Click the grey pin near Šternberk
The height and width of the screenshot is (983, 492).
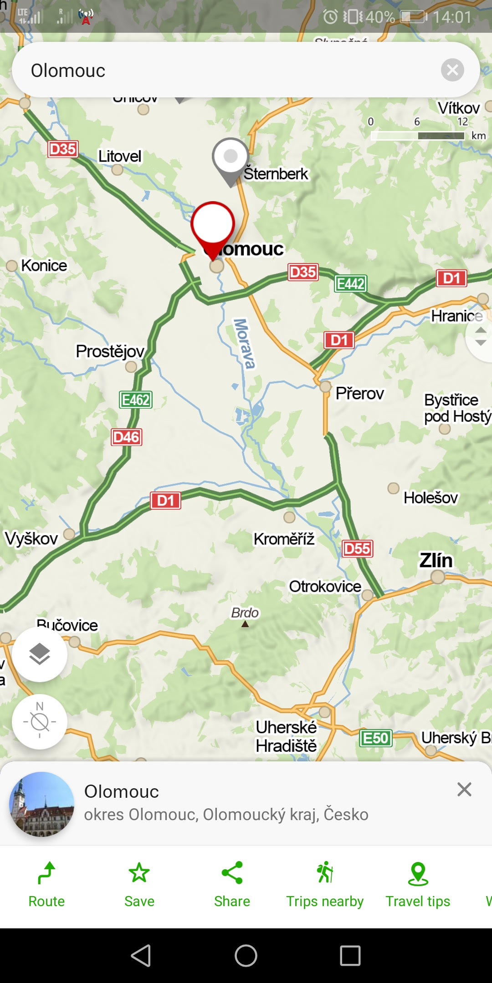231,157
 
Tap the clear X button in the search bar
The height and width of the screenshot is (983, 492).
452,70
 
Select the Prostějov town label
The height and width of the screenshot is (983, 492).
110,351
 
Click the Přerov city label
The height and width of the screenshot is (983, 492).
359,393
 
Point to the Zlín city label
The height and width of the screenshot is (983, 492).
436,560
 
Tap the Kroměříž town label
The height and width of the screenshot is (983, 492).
284,539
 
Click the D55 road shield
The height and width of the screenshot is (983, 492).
357,549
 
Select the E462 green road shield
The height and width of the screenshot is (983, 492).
136,400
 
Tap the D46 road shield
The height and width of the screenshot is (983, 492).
127,437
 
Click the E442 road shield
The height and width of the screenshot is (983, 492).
350,284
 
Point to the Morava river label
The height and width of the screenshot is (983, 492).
244,344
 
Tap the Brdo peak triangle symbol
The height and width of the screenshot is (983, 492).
245,624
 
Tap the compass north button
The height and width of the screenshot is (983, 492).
40,722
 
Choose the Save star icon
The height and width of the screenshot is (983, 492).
139,873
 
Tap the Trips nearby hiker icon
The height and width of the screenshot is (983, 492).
325,873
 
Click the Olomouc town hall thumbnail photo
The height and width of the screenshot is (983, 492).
42,804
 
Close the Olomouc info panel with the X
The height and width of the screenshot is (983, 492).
464,790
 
